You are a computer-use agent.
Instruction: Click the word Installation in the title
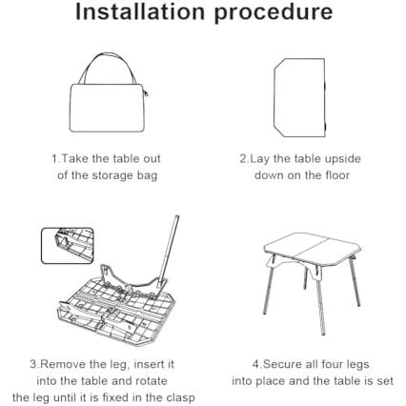[140, 11]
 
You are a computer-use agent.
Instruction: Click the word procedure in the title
[274, 13]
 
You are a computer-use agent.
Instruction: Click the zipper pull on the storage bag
[146, 94]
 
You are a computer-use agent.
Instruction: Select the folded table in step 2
[300, 97]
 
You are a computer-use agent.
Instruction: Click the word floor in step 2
[337, 175]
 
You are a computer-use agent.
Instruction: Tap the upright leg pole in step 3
[170, 250]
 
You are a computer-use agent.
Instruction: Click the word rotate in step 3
[152, 381]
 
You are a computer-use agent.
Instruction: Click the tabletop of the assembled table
[312, 248]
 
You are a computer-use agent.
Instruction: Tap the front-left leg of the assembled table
[269, 294]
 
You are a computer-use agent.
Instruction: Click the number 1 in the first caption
[54, 158]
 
